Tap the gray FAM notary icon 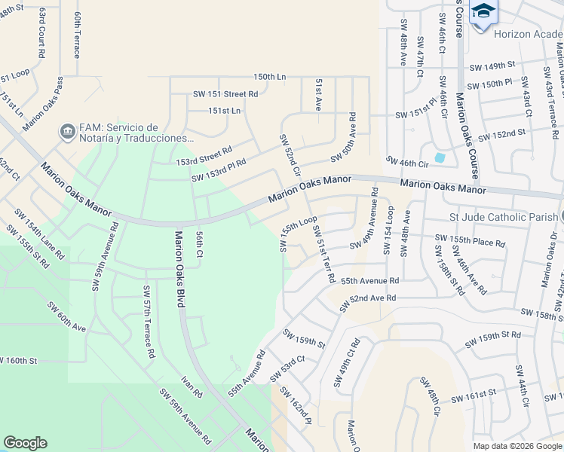pos(68,131)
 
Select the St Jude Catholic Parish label pos(502,218)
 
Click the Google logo pos(25,443)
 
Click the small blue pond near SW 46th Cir pos(440,157)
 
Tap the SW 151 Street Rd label pos(225,94)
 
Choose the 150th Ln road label pos(270,77)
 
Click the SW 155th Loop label pos(298,234)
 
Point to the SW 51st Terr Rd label pos(323,254)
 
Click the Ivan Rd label pos(192,387)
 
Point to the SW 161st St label pos(473,395)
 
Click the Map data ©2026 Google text pos(516,446)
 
